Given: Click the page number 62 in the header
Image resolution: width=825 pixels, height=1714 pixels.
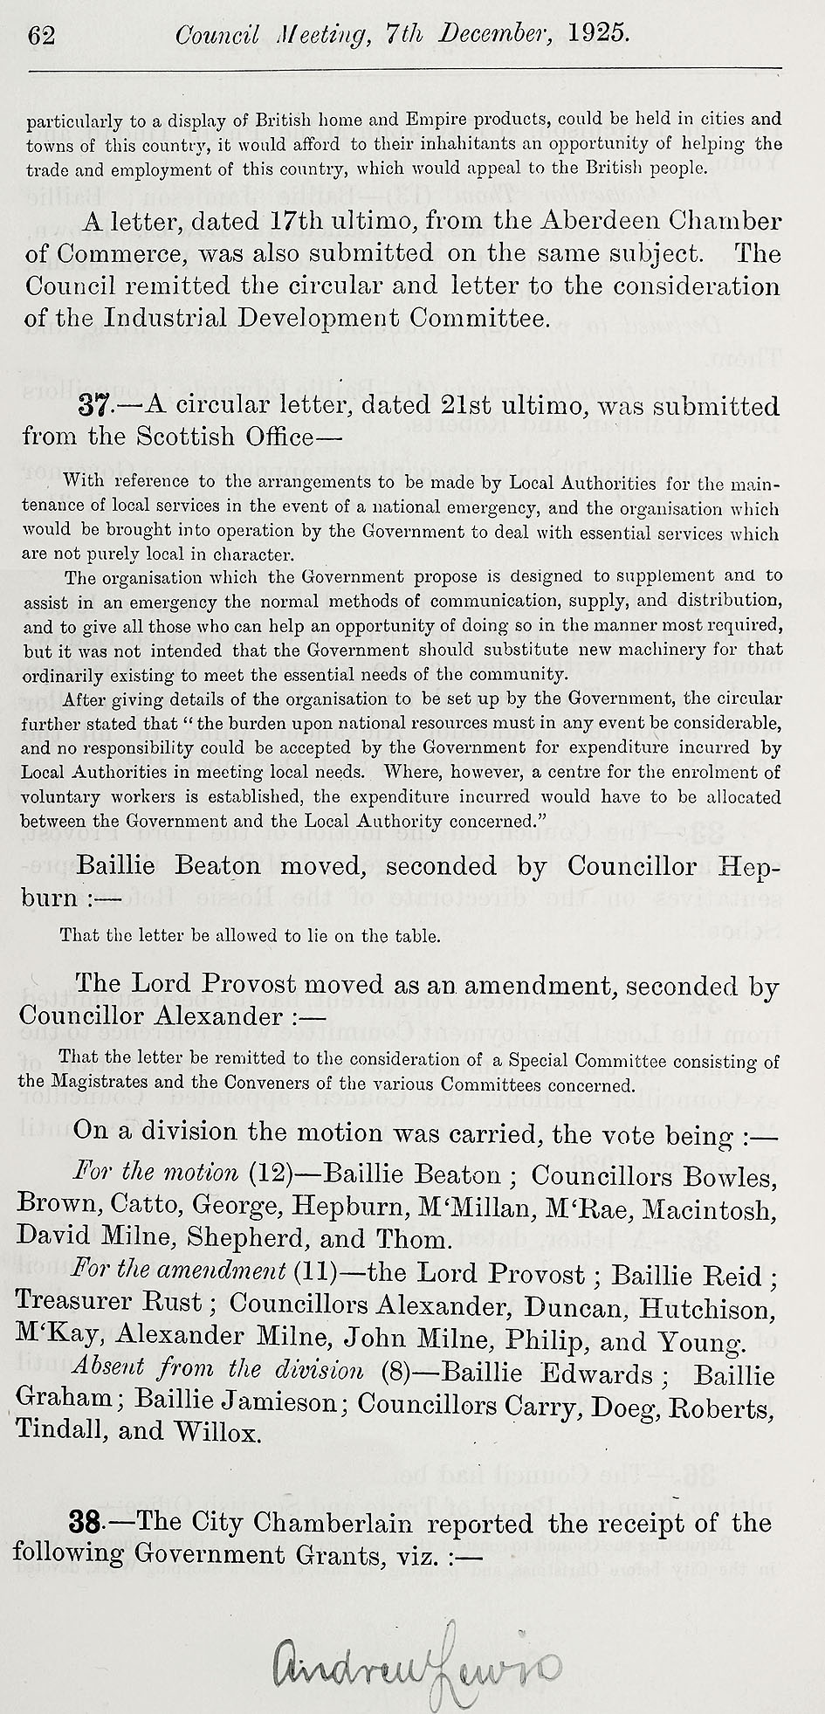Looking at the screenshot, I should click(42, 35).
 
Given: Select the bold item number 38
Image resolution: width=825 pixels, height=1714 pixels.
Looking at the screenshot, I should click(87, 1524).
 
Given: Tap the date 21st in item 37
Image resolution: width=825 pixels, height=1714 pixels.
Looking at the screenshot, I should click(469, 406).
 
